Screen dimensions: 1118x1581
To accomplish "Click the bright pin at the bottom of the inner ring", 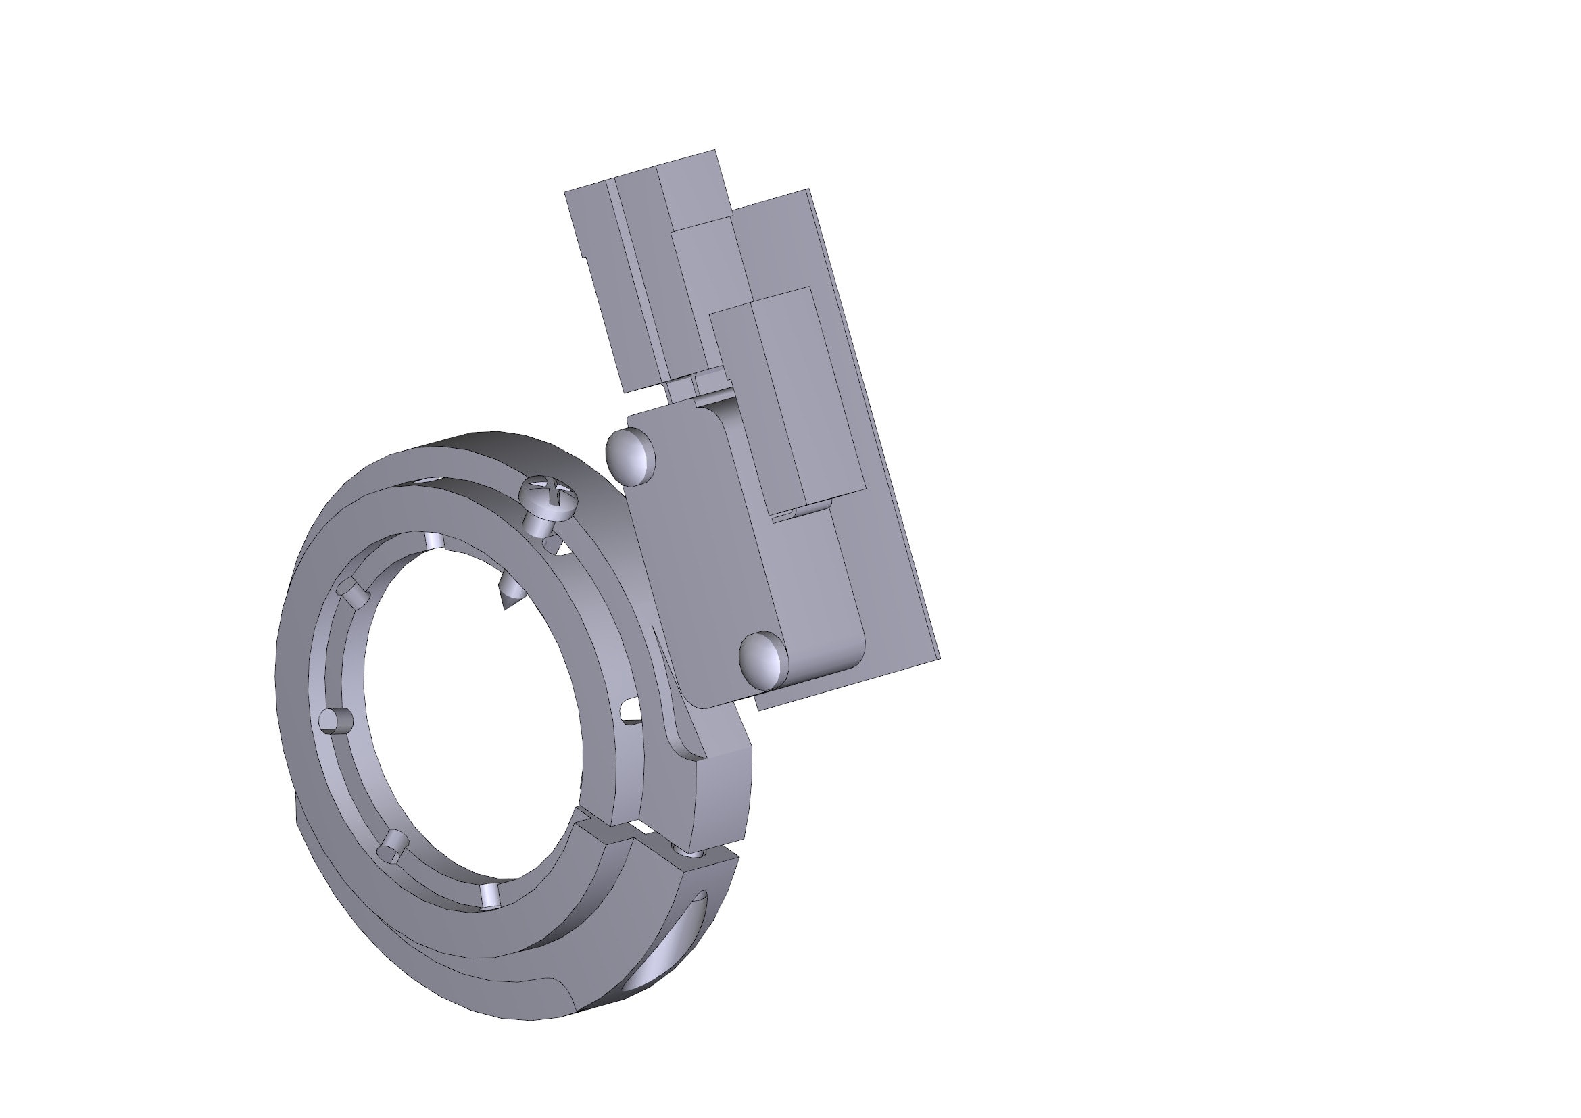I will pos(490,896).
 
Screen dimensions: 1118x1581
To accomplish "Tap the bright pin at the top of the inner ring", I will pos(434,541).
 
